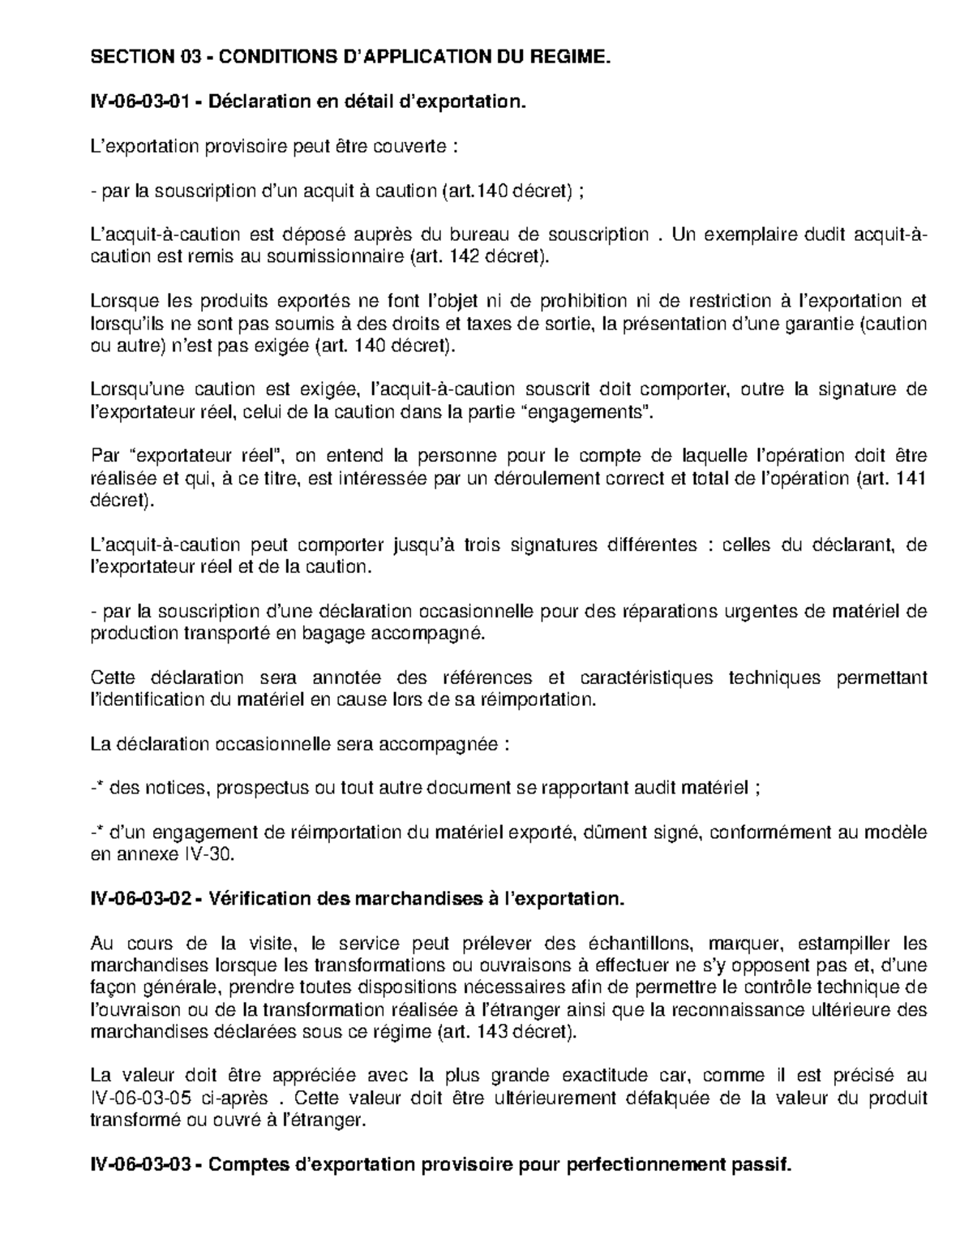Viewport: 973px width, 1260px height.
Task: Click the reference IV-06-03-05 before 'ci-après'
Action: [x=153, y=1099]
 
